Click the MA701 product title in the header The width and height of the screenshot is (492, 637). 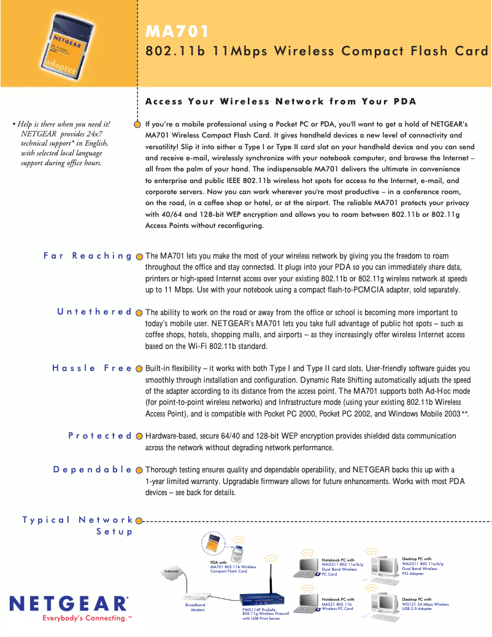[177, 31]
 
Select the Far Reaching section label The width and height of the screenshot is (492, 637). [88, 256]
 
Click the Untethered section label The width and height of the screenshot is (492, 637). [94, 311]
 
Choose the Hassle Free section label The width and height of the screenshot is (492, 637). [92, 368]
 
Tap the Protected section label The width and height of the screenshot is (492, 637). [100, 436]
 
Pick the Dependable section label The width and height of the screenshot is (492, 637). [93, 469]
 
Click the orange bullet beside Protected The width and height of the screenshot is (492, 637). [139, 436]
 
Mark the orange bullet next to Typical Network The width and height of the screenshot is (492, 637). [139, 521]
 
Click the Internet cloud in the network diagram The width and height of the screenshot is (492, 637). [172, 572]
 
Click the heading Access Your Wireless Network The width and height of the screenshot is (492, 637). [280, 101]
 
